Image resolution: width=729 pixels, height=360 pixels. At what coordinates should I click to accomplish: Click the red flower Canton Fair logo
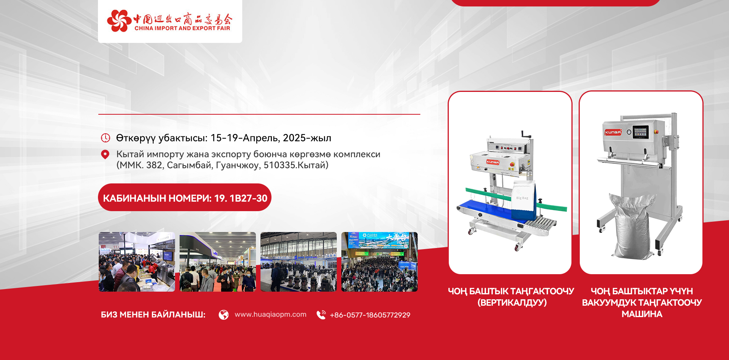tap(119, 21)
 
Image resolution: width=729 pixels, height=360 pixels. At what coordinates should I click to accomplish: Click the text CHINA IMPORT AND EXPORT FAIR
tap(182, 28)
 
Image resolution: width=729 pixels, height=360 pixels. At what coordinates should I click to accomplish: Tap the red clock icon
tap(105, 138)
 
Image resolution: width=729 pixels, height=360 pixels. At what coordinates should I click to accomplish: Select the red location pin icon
tap(105, 155)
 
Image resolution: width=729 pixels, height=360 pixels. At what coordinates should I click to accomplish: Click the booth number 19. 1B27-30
tap(241, 198)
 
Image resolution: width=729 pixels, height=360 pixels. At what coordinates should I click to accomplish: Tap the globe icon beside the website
tap(224, 315)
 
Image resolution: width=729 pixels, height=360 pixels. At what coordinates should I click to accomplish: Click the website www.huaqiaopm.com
tap(270, 314)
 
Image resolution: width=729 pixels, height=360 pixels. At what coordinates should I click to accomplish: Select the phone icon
tap(321, 315)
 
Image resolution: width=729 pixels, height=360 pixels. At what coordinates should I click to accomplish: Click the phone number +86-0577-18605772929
tap(370, 315)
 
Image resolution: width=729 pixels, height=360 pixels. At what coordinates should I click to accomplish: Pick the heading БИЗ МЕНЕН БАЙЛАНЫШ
tap(153, 315)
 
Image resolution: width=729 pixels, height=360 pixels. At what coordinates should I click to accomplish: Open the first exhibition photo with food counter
tap(137, 262)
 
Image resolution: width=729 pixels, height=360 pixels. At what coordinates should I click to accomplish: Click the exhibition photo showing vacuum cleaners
tap(298, 262)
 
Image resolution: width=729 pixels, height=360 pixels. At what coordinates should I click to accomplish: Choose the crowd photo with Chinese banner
tap(379, 262)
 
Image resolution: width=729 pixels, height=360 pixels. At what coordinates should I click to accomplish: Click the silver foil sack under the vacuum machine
tap(631, 226)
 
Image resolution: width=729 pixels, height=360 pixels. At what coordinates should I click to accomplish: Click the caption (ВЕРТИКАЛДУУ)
tap(512, 303)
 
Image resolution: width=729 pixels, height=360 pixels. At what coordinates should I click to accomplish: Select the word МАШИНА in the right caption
tap(642, 314)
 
